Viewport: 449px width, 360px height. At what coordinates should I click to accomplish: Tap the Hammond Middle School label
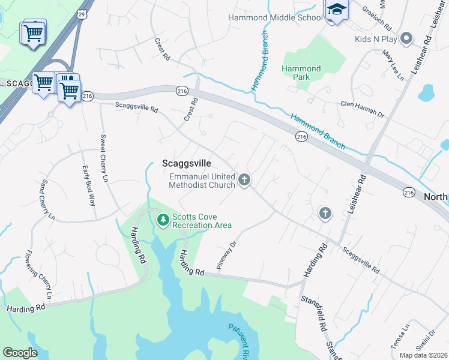point(276,17)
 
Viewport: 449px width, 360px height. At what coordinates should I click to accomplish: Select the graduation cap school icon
point(336,10)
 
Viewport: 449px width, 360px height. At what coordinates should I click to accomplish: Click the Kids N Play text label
point(376,39)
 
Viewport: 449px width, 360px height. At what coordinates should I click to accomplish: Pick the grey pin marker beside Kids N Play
point(406,39)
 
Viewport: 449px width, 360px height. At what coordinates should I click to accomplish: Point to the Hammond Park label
point(301,74)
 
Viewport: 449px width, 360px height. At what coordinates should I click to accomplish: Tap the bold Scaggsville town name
point(187,163)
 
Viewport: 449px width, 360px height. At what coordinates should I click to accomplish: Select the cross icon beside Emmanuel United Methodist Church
point(244,179)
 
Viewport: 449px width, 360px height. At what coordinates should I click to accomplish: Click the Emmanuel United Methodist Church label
point(202,181)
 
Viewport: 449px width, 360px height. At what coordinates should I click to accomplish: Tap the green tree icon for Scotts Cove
point(162,220)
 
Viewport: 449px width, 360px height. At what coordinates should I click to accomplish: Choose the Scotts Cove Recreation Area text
point(202,221)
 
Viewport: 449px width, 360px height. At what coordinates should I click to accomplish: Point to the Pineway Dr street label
point(228,255)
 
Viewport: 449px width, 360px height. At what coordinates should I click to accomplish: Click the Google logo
point(20,353)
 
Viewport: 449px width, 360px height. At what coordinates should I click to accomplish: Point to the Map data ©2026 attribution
point(423,355)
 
